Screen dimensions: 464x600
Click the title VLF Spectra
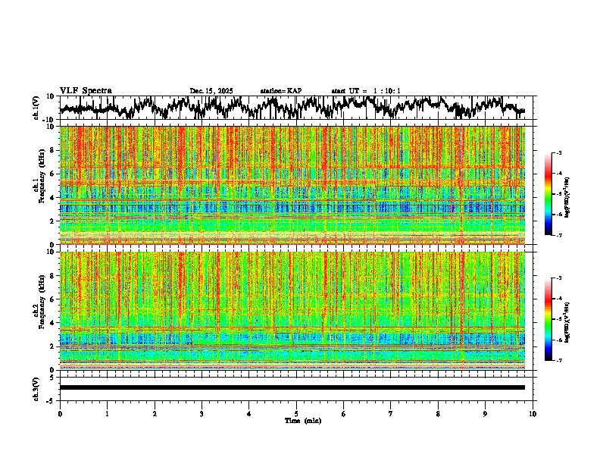coord(86,90)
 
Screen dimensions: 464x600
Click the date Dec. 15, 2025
coord(211,91)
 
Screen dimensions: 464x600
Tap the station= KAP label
coord(280,91)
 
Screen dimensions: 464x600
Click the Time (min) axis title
coord(302,420)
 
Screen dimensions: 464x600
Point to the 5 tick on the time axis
coord(296,413)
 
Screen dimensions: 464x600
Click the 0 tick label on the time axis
coord(60,413)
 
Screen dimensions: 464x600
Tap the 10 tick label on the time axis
coord(533,413)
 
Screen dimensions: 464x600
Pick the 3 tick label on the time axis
coord(202,413)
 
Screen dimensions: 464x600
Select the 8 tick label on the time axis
coord(438,413)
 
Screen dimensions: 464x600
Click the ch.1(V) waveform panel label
coord(36,108)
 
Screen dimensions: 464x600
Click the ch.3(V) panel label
coord(36,387)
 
